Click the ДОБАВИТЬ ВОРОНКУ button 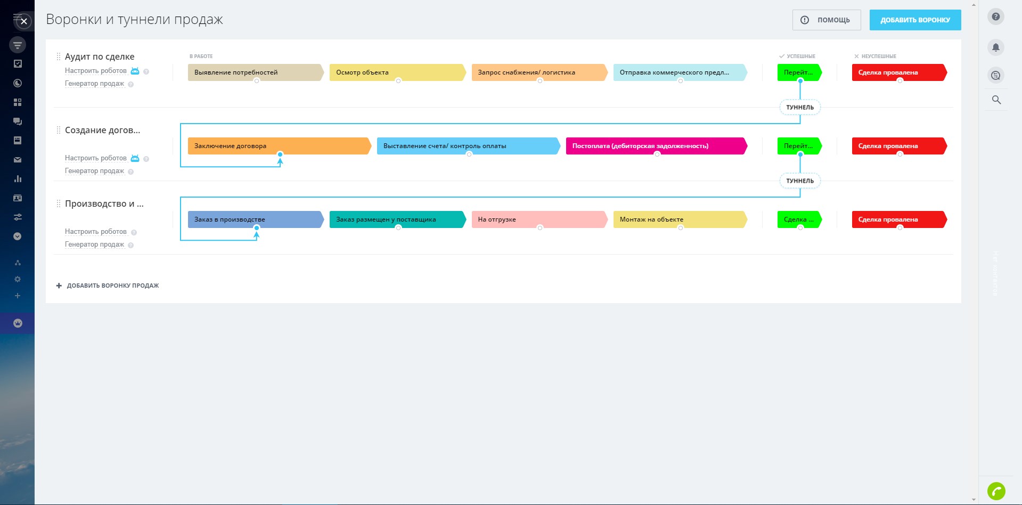click(x=915, y=20)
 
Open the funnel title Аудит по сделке click(x=100, y=57)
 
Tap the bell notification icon click(x=995, y=47)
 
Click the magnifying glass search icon click(x=996, y=100)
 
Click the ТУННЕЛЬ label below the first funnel click(x=800, y=108)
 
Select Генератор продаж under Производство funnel click(x=94, y=245)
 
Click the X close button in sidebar click(x=24, y=22)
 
